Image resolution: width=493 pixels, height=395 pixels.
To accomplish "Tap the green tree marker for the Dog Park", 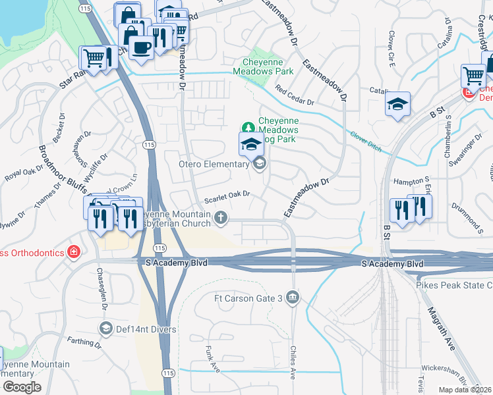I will click(248, 126).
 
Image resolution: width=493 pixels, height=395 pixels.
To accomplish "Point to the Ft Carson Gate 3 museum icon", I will click(293, 299).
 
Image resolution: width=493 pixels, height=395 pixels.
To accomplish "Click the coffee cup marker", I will click(142, 47).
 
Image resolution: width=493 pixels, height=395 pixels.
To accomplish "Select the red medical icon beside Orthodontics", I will click(74, 252).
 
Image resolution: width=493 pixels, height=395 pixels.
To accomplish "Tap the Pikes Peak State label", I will click(453, 285).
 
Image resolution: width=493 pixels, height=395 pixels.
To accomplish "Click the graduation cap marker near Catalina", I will click(397, 104).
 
